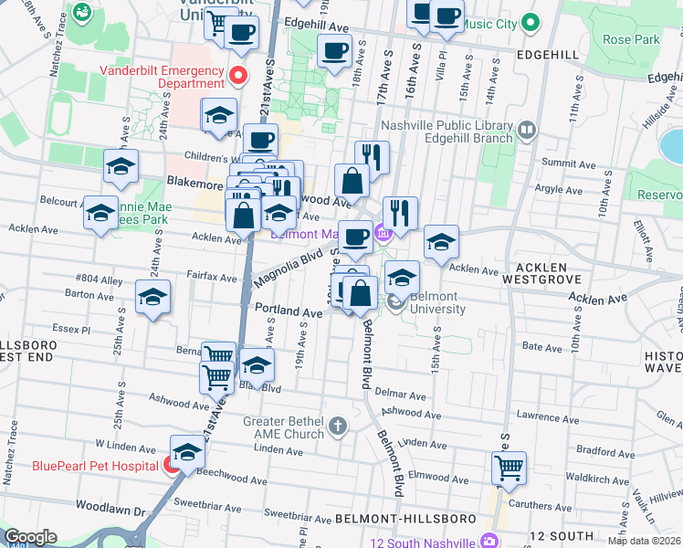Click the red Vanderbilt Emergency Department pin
pos(239,75)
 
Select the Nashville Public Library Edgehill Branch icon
pos(526,132)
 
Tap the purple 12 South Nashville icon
pos(489,542)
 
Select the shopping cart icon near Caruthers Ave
pos(509,468)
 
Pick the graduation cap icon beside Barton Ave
pos(152,297)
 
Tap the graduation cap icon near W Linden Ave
pos(187,452)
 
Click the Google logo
pos(29,537)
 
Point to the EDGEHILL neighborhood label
pos(547,55)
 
